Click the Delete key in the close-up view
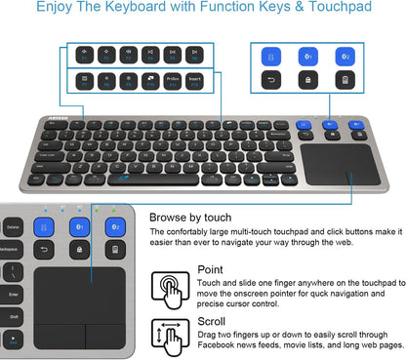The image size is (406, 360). (13, 225)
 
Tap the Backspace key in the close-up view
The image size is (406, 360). (12, 250)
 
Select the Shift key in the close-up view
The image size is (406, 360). (13, 315)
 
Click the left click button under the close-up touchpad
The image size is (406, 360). (58, 335)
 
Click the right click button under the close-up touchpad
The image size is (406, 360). (102, 335)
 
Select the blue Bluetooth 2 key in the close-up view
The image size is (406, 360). (115, 226)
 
